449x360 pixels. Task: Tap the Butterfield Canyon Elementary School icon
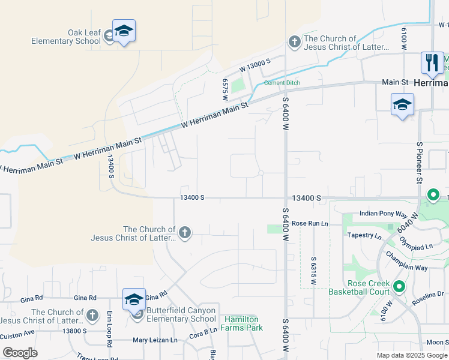pyautogui.click(x=134, y=299)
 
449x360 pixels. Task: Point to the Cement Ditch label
pyautogui.click(x=282, y=83)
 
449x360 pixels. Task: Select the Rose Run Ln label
pyautogui.click(x=310, y=223)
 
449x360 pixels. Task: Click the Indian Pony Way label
pyautogui.click(x=383, y=214)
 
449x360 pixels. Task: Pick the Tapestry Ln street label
pyautogui.click(x=364, y=235)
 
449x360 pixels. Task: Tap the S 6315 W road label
pyautogui.click(x=314, y=271)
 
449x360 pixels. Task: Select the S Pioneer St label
pyautogui.click(x=419, y=162)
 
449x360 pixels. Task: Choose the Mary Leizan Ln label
pyautogui.click(x=155, y=340)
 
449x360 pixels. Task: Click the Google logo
pyautogui.click(x=19, y=353)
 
